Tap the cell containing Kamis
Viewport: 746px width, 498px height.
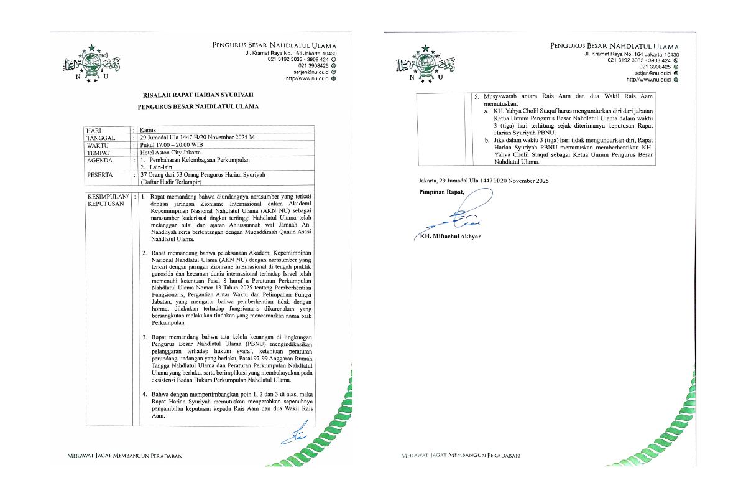click(150, 130)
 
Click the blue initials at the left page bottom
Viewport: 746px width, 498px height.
click(293, 435)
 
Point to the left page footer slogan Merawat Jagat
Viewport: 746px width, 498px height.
click(124, 456)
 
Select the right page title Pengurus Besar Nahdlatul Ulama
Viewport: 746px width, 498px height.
click(614, 47)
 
